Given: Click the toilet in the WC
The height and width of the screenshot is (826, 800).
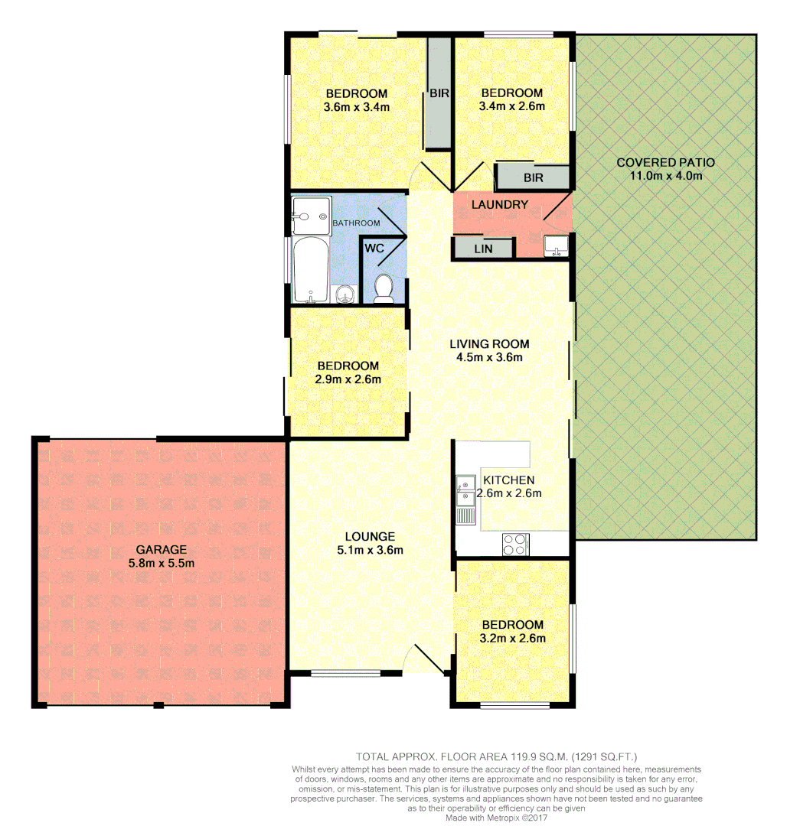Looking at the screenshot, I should (x=384, y=288).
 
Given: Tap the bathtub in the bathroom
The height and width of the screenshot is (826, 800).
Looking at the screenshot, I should (x=310, y=269).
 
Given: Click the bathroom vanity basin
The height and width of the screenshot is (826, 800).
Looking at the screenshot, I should (x=346, y=294).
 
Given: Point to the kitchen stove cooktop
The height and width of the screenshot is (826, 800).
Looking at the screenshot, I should (x=514, y=544).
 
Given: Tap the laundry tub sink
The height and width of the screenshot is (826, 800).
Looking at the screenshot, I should (x=554, y=246).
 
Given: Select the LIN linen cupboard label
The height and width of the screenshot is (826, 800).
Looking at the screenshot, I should (x=482, y=249).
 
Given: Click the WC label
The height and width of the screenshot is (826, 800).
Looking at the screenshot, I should (x=374, y=249).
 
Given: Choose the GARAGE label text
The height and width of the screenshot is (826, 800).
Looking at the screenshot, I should (x=161, y=549).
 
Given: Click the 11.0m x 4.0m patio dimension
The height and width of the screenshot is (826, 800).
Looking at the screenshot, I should (x=665, y=176).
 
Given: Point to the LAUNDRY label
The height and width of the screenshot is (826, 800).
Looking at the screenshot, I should (x=499, y=205).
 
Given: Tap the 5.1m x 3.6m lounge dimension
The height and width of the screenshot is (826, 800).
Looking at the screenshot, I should (x=370, y=550).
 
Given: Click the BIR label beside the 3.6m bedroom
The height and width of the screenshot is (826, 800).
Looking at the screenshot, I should (x=439, y=93).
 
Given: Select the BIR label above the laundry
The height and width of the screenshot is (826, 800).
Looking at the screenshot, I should (x=533, y=177).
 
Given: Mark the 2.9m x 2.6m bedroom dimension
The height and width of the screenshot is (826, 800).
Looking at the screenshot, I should (x=348, y=379).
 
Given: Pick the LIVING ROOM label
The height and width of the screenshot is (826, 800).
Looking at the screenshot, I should (x=489, y=344).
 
